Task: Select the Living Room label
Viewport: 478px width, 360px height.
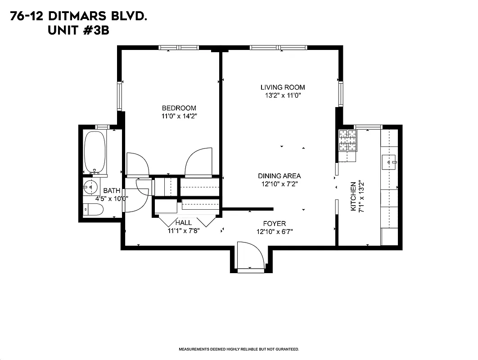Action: tap(283, 87)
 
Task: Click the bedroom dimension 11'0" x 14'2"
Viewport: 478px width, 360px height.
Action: tap(179, 116)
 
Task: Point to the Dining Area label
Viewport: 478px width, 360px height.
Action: tap(279, 176)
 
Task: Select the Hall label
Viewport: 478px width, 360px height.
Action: tap(183, 223)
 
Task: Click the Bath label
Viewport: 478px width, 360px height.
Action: tap(112, 191)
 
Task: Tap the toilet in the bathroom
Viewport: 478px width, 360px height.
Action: tap(93, 209)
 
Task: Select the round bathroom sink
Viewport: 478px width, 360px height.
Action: tap(91, 186)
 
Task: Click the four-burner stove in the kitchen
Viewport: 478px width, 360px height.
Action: tap(347, 140)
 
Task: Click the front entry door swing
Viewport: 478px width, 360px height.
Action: tap(250, 257)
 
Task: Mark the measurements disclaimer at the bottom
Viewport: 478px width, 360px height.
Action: tap(239, 349)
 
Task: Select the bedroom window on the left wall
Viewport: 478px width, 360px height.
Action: tap(120, 96)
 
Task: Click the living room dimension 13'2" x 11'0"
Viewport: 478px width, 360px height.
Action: tap(283, 95)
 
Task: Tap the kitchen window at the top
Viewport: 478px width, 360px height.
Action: tap(368, 127)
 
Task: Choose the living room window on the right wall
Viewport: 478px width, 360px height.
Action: tap(341, 94)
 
